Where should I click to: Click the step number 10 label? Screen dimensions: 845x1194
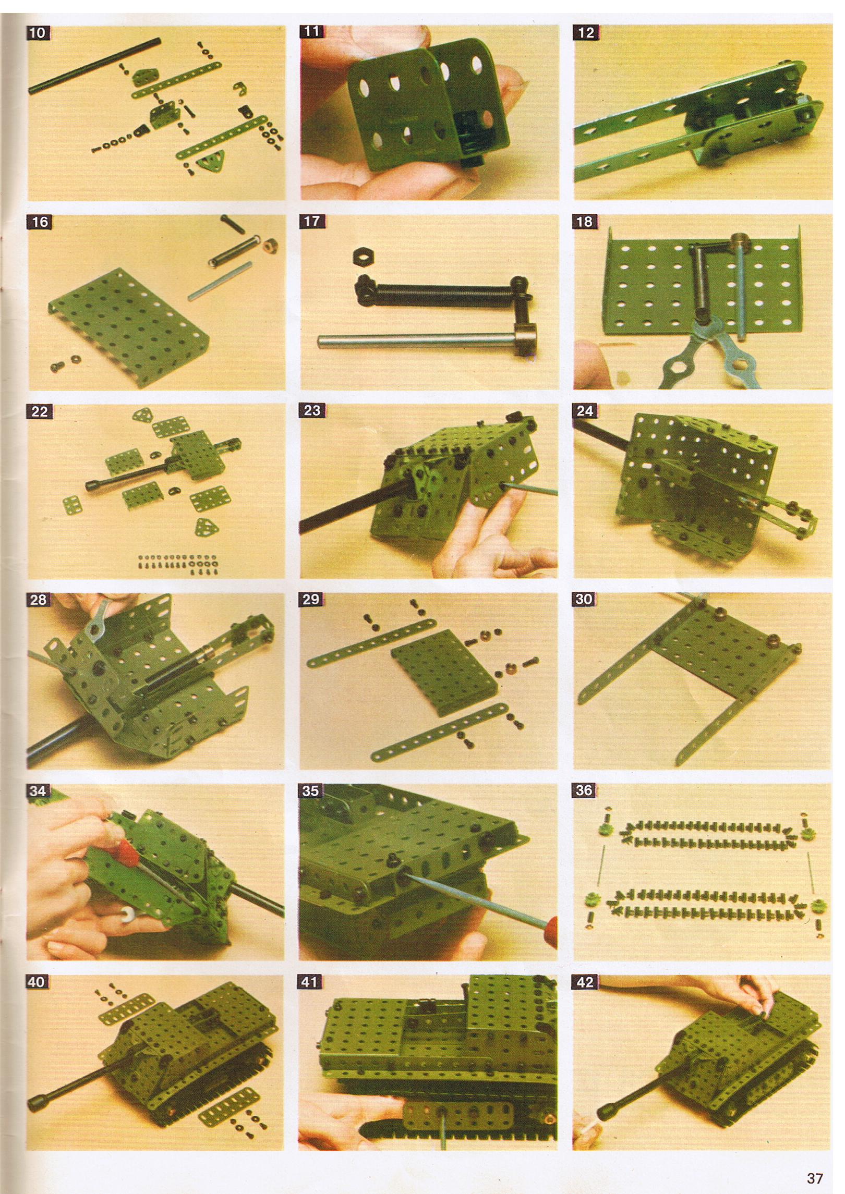(38, 33)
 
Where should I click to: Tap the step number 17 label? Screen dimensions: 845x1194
(311, 221)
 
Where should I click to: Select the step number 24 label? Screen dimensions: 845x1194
(585, 411)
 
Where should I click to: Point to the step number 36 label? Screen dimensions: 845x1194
(584, 790)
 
